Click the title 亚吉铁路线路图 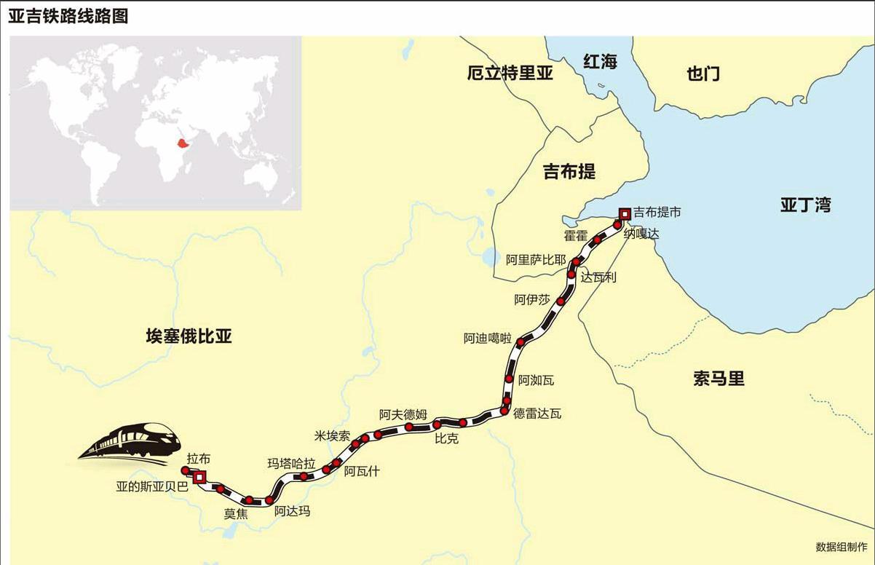coord(68,16)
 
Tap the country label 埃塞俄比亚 coord(189,336)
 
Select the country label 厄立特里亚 coord(510,73)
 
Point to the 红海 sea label coord(600,62)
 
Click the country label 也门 coord(702,73)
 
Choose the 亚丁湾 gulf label coord(805,205)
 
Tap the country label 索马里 coord(718,379)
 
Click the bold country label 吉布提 coord(569,172)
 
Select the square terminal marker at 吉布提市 coord(624,213)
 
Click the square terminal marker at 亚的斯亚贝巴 coord(199,476)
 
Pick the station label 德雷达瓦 coord(537,414)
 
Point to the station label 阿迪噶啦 coord(488,339)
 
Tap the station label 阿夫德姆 coord(403,414)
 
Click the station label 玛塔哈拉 coord(291,464)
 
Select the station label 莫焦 coord(236,513)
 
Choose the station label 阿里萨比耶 coord(536,260)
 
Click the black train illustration coord(132,440)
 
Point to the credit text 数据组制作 coord(842,547)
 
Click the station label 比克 coord(446,439)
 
